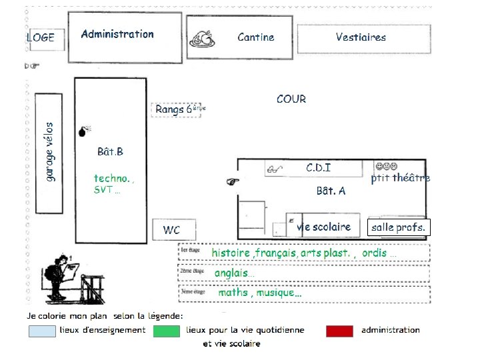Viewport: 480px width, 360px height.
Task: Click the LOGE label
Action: (x=40, y=37)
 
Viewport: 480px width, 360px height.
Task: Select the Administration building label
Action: (x=117, y=34)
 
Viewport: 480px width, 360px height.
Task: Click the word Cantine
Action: (x=255, y=37)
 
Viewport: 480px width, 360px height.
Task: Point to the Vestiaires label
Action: (x=361, y=37)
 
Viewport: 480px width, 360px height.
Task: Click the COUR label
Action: (x=291, y=99)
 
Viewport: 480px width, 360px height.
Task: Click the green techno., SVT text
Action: (x=114, y=183)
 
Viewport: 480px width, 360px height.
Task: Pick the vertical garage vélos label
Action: (x=51, y=151)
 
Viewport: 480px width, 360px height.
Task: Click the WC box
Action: (x=172, y=230)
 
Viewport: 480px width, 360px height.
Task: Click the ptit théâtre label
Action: (x=400, y=177)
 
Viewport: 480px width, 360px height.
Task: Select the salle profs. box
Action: (x=398, y=227)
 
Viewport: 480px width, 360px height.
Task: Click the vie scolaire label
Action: (x=324, y=227)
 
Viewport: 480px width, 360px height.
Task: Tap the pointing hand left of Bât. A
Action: (x=232, y=180)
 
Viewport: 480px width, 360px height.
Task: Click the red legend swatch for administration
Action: (x=339, y=331)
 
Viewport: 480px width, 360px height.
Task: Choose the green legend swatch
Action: (x=167, y=331)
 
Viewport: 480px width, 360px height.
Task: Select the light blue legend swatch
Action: (x=42, y=331)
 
